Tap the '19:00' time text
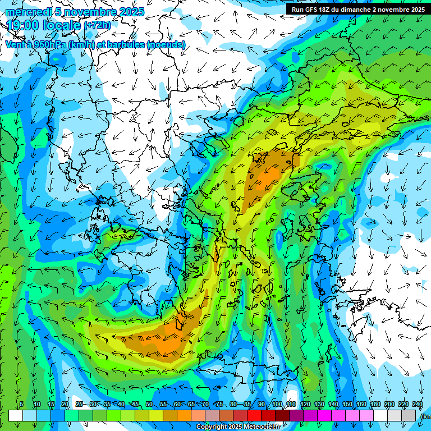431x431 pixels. [x=22, y=25]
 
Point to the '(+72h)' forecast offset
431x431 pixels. [x=98, y=26]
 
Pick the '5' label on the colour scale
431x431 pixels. [x=21, y=405]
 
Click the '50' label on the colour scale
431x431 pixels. [x=149, y=405]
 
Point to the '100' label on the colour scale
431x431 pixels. [x=277, y=405]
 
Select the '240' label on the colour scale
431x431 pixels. [x=418, y=405]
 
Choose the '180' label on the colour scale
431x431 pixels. [x=375, y=405]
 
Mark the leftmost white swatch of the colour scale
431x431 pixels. [x=16, y=415]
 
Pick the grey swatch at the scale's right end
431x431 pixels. [x=410, y=415]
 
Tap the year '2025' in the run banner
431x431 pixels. [x=416, y=10]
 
